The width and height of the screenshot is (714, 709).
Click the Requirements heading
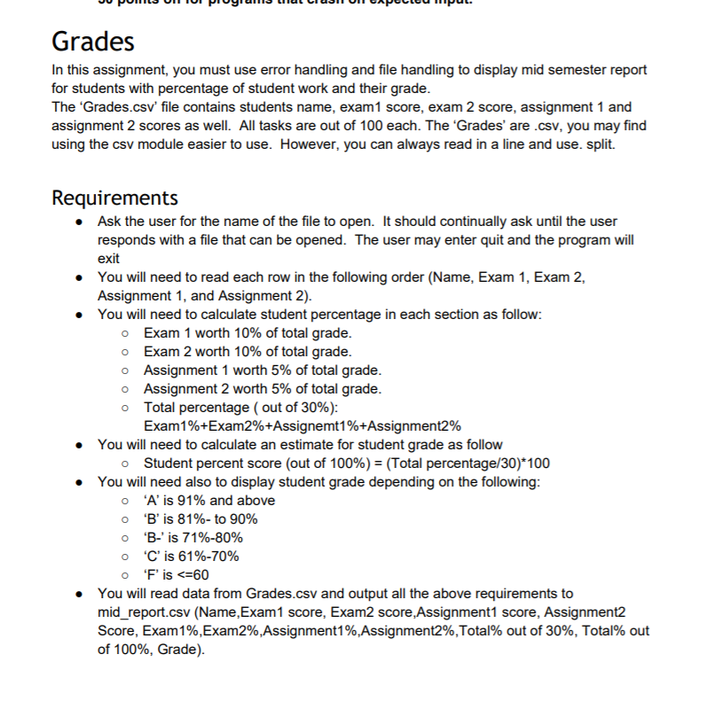115,196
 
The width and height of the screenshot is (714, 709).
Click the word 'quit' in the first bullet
496,239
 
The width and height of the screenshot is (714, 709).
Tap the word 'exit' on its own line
108,258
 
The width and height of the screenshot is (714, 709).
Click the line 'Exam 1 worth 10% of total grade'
247,333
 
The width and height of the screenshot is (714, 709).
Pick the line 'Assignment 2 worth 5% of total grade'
263,389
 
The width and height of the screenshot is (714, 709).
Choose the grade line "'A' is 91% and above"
208,500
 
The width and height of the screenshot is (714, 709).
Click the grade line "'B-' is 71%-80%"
192,537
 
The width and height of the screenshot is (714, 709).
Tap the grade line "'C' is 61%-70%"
191,556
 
